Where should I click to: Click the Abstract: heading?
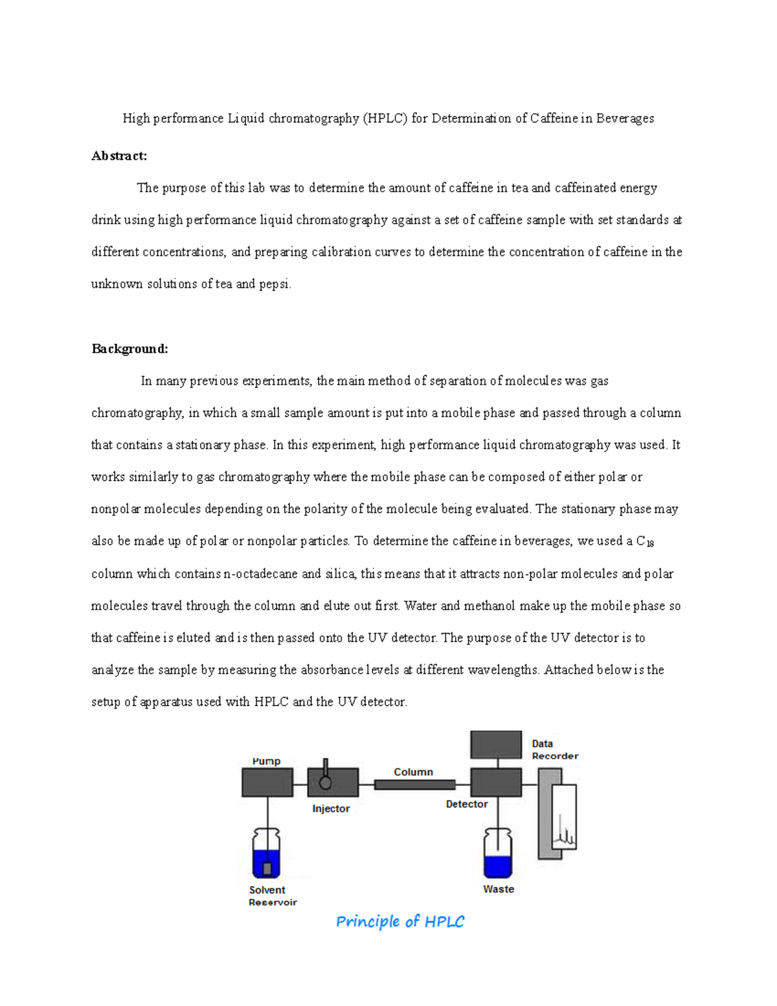point(119,155)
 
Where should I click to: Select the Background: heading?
point(129,349)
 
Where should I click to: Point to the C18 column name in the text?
point(645,542)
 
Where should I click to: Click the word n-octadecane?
point(260,573)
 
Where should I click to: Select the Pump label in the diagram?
point(266,761)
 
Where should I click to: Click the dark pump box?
point(267,783)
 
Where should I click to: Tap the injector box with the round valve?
point(332,783)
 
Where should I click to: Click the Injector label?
point(331,808)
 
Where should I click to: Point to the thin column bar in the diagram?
point(414,784)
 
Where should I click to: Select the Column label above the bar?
point(413,772)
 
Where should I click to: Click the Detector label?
point(467,804)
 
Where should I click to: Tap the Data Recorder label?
point(554,749)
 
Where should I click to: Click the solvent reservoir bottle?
point(266,853)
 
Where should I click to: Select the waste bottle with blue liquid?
point(498,853)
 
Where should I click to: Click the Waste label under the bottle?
point(499,889)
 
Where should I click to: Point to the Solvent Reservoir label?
point(272,896)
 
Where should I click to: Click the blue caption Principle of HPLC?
point(400,921)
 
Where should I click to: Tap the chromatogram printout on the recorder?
point(564,818)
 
